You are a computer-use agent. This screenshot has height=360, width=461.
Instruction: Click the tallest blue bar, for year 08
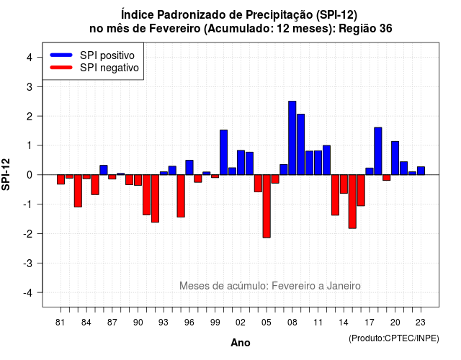tap(292, 138)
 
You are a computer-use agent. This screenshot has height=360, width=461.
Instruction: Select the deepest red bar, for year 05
tap(267, 206)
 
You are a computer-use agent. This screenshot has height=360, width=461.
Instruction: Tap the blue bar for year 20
tap(395, 158)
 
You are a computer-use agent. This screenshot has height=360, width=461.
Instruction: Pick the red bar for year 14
tap(344, 184)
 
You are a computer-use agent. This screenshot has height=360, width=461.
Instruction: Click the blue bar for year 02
tap(241, 163)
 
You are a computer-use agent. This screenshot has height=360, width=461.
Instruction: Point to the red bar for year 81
tap(61, 179)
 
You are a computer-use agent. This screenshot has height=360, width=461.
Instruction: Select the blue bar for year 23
tap(421, 171)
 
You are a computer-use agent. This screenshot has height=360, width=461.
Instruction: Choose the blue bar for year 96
tap(189, 168)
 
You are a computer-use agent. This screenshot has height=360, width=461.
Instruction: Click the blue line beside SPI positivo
tap(61, 55)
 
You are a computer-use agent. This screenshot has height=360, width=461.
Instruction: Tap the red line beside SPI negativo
tap(61, 67)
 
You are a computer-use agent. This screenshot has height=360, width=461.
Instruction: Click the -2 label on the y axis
tap(28, 234)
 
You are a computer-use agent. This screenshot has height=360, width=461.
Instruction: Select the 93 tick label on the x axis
tap(164, 323)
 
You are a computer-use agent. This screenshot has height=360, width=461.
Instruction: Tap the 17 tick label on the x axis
tap(370, 323)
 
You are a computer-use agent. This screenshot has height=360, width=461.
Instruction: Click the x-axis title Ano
tap(241, 343)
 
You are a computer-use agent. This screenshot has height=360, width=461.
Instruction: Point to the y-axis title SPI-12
tap(6, 174)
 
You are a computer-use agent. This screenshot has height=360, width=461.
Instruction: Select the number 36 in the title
tap(386, 29)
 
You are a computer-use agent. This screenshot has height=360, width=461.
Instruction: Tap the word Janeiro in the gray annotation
tap(344, 286)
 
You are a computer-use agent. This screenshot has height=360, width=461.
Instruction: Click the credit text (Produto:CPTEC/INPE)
tap(394, 338)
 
